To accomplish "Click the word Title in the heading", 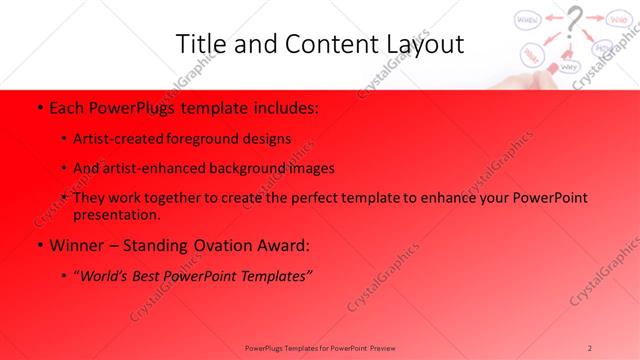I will tap(198, 44).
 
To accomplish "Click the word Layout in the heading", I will tap(420, 44).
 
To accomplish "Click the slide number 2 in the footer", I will tap(590, 347).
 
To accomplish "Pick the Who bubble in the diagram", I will tap(617, 17).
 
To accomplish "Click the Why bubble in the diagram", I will tap(570, 67).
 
